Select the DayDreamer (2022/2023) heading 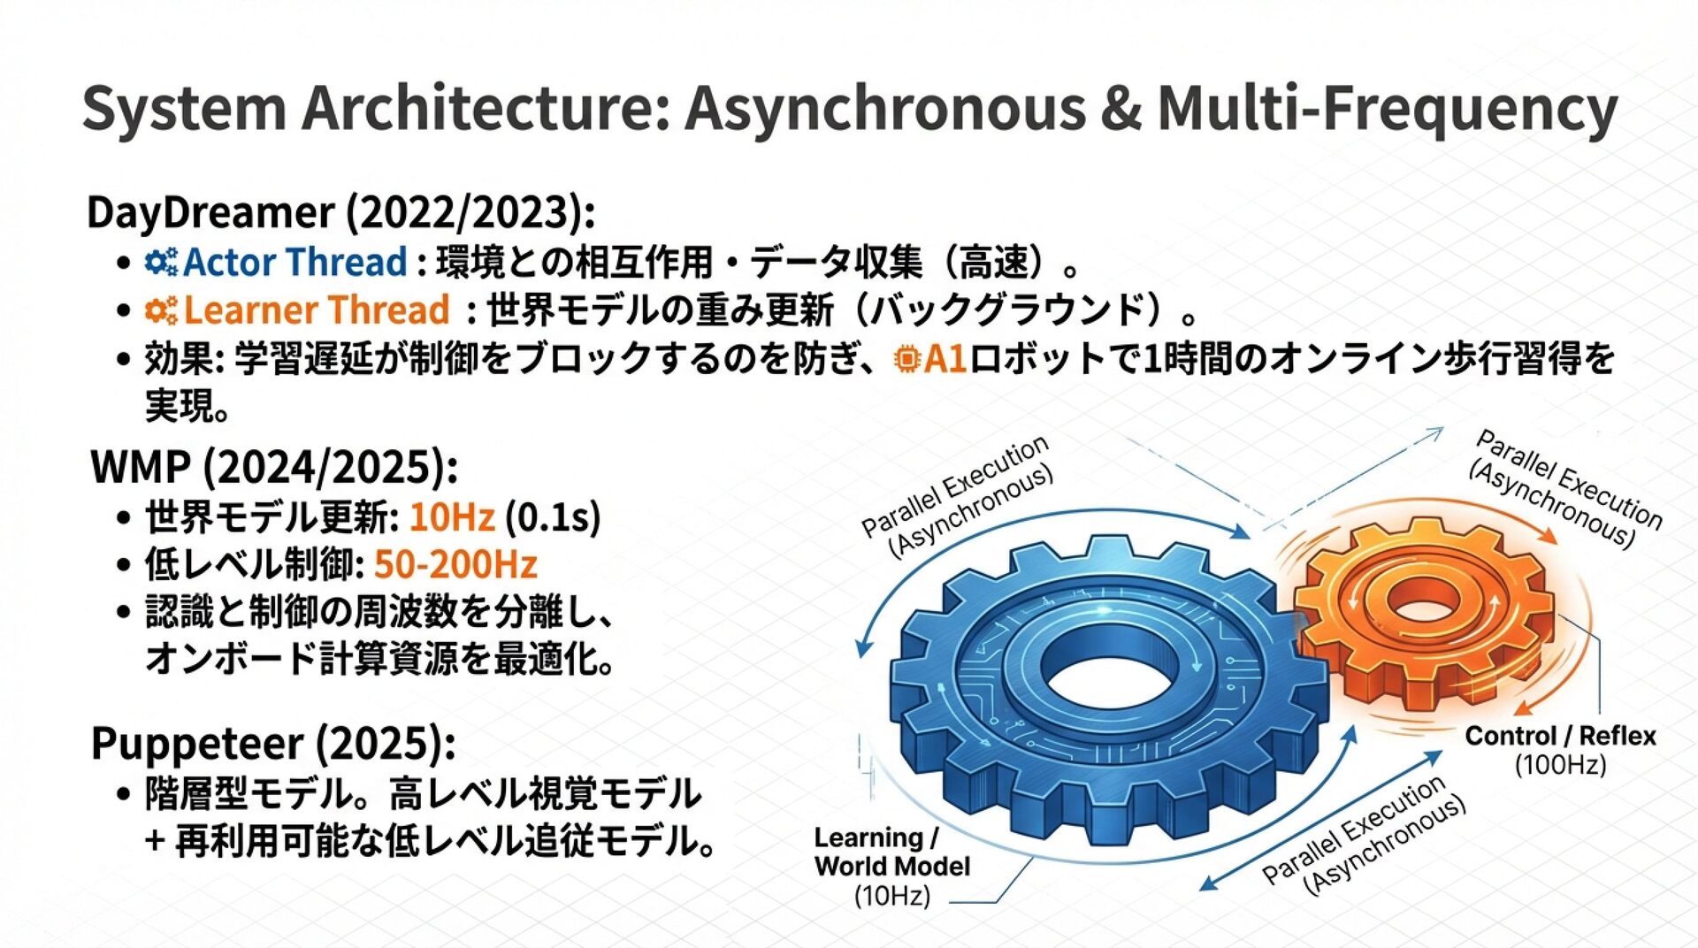(340, 213)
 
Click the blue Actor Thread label (295, 263)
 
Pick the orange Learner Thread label (317, 310)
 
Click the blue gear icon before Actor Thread (161, 263)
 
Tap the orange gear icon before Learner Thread (161, 310)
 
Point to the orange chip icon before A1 (906, 359)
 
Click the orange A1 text (945, 359)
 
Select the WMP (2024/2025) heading (274, 468)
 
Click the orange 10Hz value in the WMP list (452, 517)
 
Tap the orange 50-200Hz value (455, 565)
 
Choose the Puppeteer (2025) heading (273, 744)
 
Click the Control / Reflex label (1560, 736)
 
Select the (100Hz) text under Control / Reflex (1560, 764)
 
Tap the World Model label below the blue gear (891, 866)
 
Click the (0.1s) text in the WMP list (553, 517)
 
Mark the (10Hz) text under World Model (891, 896)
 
